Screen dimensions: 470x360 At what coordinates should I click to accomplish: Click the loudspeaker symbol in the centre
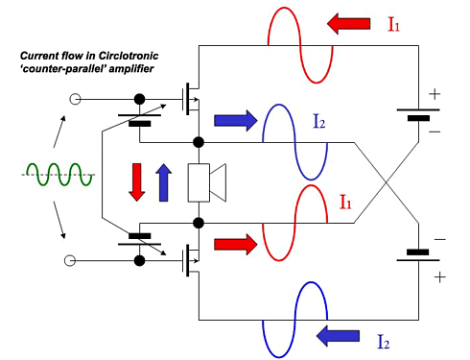pos(207,182)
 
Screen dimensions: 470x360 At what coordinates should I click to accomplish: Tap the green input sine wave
pos(59,175)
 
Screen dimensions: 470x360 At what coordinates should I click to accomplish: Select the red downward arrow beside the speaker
pos(137,182)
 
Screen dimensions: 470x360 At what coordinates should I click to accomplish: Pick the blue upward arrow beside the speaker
pos(163,182)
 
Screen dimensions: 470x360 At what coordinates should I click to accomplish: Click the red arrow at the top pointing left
pos(349,24)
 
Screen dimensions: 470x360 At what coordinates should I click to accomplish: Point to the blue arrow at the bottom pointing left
pos(338,336)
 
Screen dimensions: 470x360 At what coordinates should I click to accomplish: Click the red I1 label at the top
pos(393,24)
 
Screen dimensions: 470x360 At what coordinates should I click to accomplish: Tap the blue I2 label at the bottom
pos(384,342)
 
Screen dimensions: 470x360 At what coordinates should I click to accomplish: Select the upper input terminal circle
pos(75,99)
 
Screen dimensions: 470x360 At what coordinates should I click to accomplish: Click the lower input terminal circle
pos(70,261)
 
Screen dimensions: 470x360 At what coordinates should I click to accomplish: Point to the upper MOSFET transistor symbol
pos(191,99)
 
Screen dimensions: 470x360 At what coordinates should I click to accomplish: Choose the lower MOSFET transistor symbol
pos(191,260)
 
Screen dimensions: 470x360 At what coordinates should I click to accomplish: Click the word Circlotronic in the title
pos(129,56)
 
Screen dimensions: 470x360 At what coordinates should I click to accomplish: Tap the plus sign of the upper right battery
pos(435,94)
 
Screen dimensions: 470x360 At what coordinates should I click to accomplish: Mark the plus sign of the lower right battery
pos(440,277)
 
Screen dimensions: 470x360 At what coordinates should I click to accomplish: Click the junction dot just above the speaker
pos(199,142)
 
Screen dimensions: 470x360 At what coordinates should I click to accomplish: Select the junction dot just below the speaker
pos(199,223)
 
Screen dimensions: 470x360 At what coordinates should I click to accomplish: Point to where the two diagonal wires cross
pos(387,182)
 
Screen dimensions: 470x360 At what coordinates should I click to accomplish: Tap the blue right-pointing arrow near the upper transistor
pos(236,121)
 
